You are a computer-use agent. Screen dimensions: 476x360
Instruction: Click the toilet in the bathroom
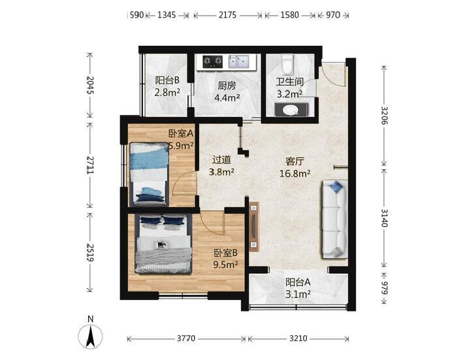pos(287,64)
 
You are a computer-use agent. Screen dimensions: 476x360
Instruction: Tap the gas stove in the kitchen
pos(212,61)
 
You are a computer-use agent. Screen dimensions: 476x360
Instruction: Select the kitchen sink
pos(238,61)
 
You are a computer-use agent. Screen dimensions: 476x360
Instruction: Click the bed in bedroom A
pos(150,174)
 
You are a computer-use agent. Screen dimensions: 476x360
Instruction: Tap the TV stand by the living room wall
pos(254,226)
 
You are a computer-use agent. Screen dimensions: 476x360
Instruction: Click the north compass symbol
pos(90,333)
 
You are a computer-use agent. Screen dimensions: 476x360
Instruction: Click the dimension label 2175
pos(227,15)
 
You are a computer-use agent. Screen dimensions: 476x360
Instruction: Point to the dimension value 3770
pos(186,338)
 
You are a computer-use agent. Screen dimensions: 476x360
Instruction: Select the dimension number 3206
pos(385,116)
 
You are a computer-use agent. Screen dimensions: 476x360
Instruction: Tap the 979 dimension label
pos(385,288)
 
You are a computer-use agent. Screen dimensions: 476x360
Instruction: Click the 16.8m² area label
pos(294,174)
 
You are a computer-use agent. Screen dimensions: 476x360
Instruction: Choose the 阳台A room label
pos(298,282)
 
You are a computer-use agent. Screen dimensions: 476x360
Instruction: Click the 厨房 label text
pos(227,86)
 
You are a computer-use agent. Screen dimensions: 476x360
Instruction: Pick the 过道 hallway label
pos(221,160)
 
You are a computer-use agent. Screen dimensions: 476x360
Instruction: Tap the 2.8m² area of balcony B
pos(167,92)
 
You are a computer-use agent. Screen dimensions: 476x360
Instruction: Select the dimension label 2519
pos(90,252)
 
